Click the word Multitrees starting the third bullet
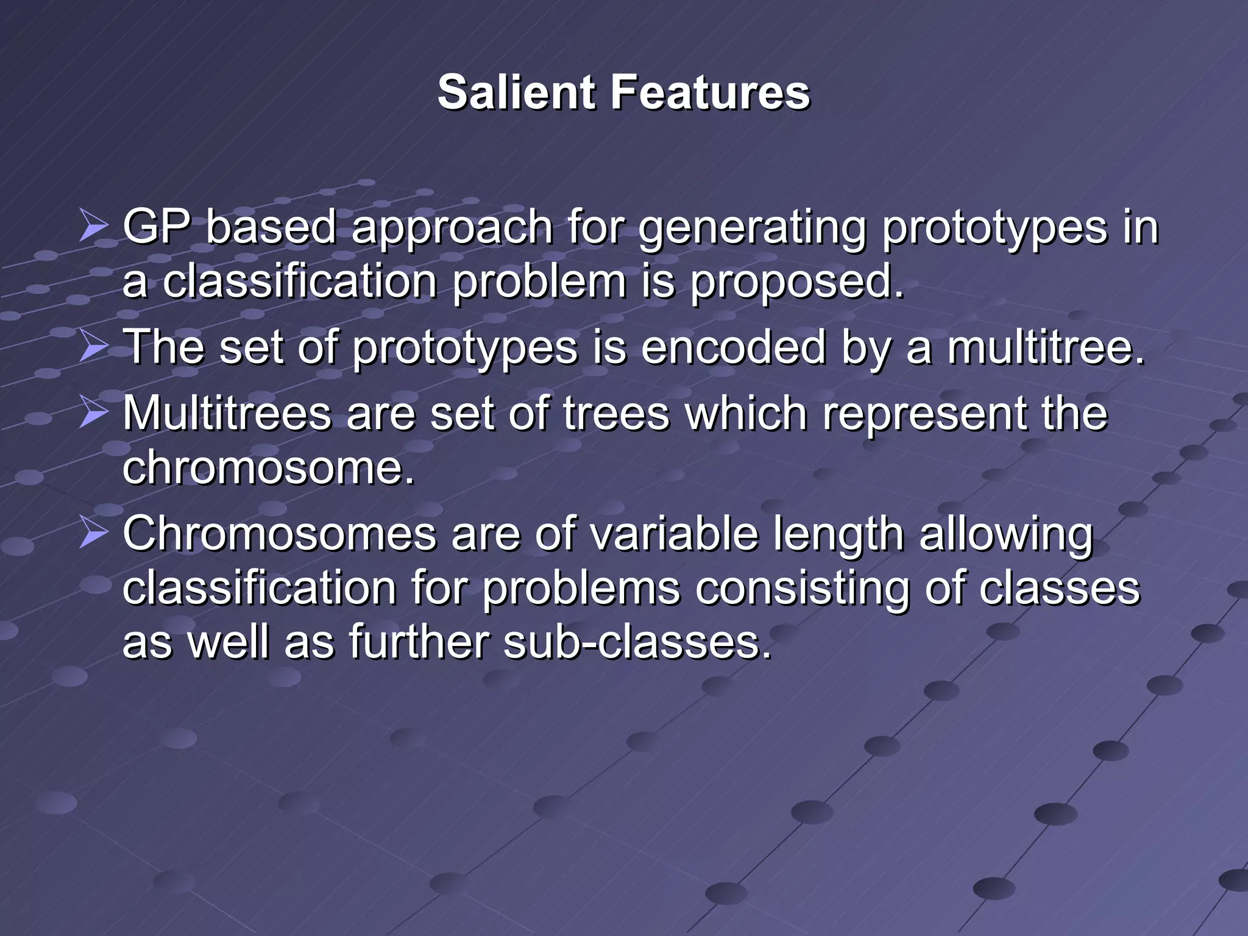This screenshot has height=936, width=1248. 227,413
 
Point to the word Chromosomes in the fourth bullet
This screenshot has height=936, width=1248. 280,533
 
